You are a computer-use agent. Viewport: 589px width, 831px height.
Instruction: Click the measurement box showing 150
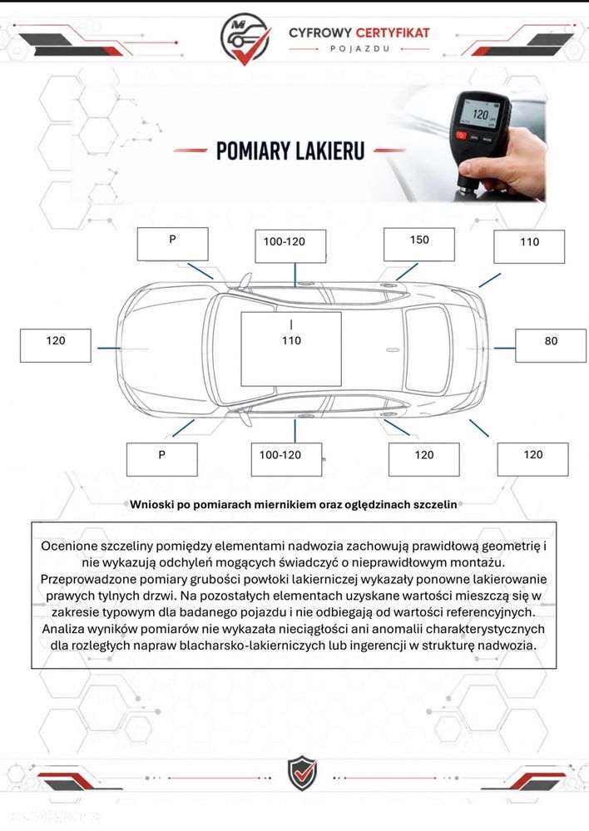coord(418,245)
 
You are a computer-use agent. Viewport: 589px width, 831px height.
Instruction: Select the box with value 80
coord(551,345)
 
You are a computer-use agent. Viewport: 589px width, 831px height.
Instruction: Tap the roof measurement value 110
coord(291,340)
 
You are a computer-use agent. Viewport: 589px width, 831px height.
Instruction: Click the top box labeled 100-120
coord(290,246)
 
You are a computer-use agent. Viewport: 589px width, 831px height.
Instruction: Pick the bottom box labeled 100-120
coord(286,459)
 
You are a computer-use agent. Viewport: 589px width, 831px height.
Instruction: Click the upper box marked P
coord(172,245)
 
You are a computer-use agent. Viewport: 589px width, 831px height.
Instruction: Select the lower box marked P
coord(161,459)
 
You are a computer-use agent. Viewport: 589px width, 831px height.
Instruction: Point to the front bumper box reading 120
coord(55,345)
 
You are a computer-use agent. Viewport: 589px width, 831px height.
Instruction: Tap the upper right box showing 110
coord(529,247)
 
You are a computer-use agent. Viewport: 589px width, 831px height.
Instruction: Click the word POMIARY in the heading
coord(252,151)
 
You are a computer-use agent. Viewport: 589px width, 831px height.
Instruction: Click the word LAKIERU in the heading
coord(329,151)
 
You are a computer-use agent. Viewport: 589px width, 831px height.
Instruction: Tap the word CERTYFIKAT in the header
coord(393,33)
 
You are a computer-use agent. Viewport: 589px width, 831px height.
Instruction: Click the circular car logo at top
coord(245,38)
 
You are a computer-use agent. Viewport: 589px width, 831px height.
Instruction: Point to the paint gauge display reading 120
coord(480,114)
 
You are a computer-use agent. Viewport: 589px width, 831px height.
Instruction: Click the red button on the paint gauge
coord(460,136)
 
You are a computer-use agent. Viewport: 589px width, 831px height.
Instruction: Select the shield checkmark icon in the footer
coord(302,774)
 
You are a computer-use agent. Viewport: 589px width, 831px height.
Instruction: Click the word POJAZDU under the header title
coord(359,48)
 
